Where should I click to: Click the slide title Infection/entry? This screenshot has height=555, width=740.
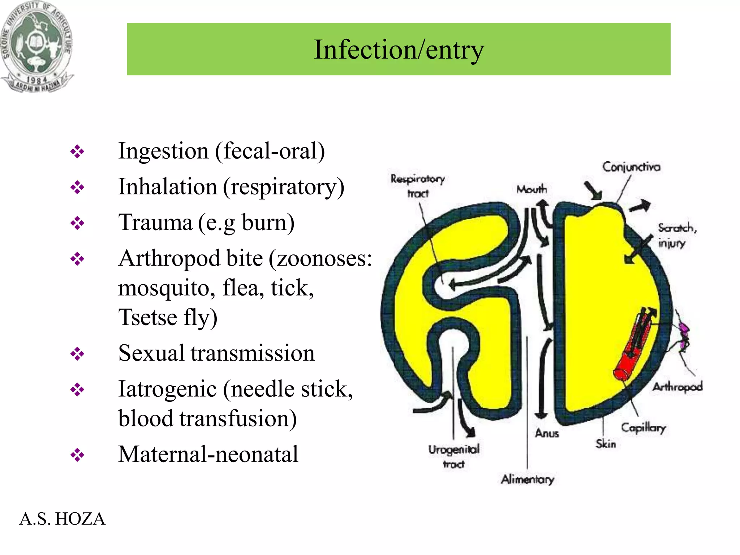[x=399, y=50]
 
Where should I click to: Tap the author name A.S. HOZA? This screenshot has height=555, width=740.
[x=62, y=519]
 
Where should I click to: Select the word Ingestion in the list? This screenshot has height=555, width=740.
[x=163, y=151]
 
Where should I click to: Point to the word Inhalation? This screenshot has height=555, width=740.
[x=168, y=187]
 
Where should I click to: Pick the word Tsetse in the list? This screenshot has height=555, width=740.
[x=148, y=317]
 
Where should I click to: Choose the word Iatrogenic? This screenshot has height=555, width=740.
[x=167, y=389]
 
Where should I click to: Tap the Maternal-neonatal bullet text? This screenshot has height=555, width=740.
[x=208, y=454]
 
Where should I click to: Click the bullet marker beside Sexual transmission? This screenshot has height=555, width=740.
[x=77, y=354]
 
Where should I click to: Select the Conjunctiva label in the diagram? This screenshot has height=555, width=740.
[x=631, y=167]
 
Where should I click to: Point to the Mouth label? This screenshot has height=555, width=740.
[x=532, y=189]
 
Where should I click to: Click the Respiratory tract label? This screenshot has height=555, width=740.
[x=417, y=186]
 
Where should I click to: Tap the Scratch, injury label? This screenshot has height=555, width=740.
[x=676, y=235]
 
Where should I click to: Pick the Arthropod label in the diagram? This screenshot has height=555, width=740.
[x=677, y=387]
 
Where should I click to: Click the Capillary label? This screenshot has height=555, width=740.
[x=643, y=428]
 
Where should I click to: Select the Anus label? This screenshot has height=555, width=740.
[x=547, y=433]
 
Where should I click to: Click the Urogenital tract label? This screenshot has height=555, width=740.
[x=454, y=456]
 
